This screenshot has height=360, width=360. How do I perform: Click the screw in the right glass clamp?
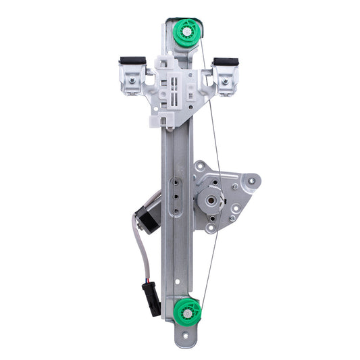pyautogui.click(x=224, y=82)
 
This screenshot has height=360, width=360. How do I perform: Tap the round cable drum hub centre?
pyautogui.click(x=211, y=201)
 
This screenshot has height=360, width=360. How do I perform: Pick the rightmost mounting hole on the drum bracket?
pyautogui.click(x=253, y=180)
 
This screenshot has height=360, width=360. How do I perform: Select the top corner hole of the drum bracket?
pyautogui.click(x=201, y=165)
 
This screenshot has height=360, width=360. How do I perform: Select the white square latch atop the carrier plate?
pyautogui.click(x=164, y=62)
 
